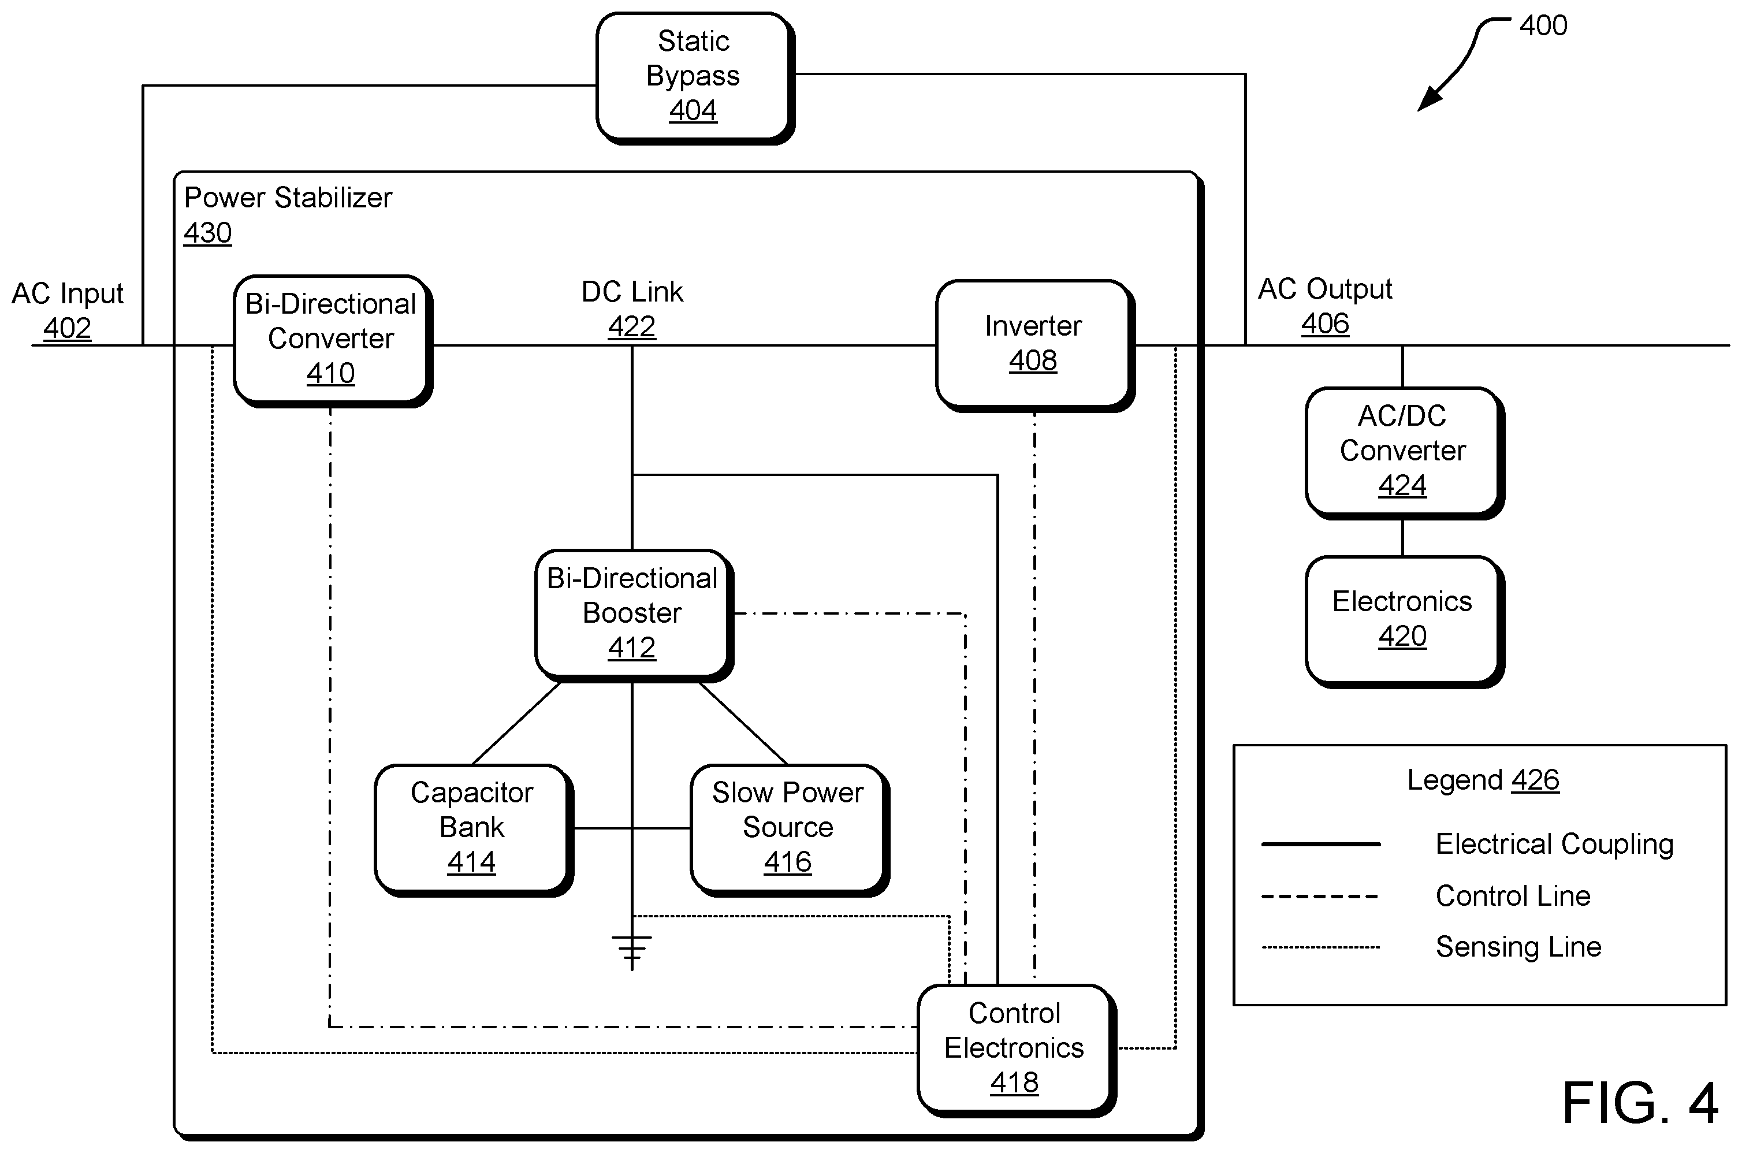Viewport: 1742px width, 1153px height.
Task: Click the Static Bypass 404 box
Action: pyautogui.click(x=695, y=77)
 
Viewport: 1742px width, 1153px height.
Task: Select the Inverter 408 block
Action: pyautogui.click(x=1035, y=345)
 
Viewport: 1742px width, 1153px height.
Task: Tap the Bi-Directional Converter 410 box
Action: pyautogui.click(x=332, y=340)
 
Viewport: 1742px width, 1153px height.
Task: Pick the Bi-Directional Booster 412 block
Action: pyautogui.click(x=634, y=615)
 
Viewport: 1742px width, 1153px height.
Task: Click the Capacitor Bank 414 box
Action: pyautogui.click(x=474, y=830)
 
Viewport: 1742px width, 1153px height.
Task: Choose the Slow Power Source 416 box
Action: pyautogui.click(x=790, y=830)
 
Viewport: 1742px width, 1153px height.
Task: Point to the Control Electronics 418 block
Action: pyautogui.click(x=1017, y=1050)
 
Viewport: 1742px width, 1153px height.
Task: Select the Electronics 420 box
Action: pyautogui.click(x=1405, y=622)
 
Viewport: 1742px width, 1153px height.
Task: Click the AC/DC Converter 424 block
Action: pyautogui.click(x=1405, y=453)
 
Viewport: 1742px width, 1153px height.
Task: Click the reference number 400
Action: pyautogui.click(x=1543, y=26)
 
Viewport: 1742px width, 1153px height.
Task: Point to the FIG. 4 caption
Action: pyautogui.click(x=1640, y=1103)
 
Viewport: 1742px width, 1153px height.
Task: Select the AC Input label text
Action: pyautogui.click(x=68, y=293)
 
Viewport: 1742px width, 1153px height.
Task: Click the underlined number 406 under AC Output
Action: pyautogui.click(x=1325, y=323)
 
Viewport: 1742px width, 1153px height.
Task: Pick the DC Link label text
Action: pyautogui.click(x=632, y=292)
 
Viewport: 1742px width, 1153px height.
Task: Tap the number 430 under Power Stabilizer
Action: pyautogui.click(x=208, y=233)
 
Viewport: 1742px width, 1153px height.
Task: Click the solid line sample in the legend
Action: pyautogui.click(x=1321, y=844)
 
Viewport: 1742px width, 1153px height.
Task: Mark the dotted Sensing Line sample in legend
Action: pyautogui.click(x=1321, y=947)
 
